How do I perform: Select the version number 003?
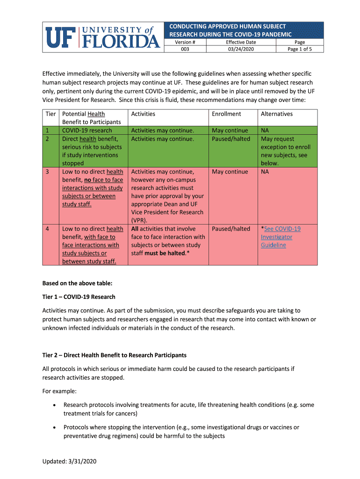[x=185, y=49]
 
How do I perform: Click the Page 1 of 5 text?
[x=300, y=49]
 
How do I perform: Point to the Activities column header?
[x=143, y=114]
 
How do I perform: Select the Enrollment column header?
[x=226, y=114]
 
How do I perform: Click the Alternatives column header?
[x=277, y=114]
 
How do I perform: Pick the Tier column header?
[x=50, y=114]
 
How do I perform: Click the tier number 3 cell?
[x=48, y=172]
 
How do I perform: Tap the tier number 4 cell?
[x=48, y=229]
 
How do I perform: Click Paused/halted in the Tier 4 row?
[x=231, y=229]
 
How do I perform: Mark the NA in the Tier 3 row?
[x=265, y=172]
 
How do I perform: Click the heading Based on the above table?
[x=77, y=283]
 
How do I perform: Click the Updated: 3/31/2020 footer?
[x=69, y=461]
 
